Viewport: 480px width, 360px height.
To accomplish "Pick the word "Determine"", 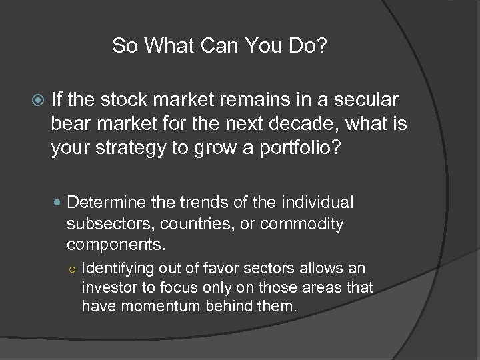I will point(106,202).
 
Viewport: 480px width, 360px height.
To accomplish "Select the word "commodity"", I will point(301,224).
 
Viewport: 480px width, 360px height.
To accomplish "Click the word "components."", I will point(115,245).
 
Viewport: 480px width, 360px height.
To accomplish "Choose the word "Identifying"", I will point(117,269).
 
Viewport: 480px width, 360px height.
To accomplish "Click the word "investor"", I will point(107,287).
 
